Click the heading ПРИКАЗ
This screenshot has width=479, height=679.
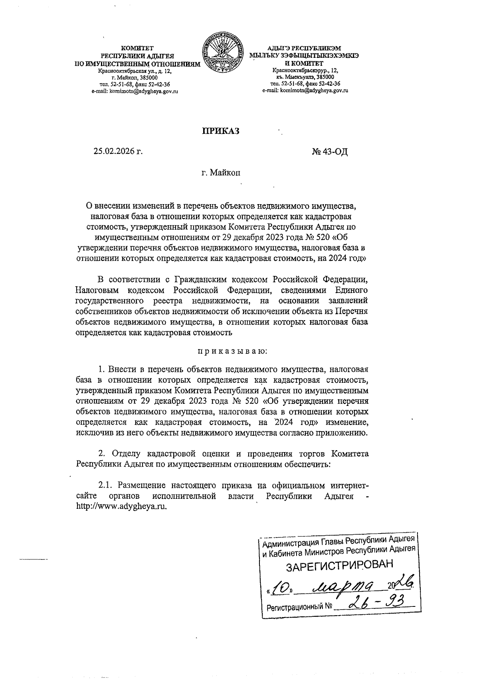point(220,131)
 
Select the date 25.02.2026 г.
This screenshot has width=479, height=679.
point(118,152)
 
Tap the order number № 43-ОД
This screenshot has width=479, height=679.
point(330,152)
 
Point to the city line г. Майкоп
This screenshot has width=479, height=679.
point(221,173)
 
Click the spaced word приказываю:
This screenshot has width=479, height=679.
point(227,351)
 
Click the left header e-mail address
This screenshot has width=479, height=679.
point(135,91)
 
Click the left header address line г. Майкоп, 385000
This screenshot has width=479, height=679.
point(135,78)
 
